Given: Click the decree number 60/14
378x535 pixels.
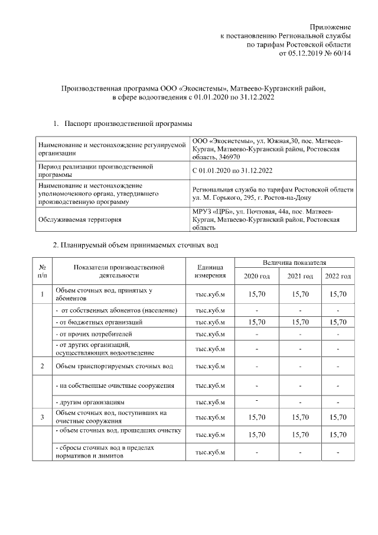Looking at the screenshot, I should point(342,53).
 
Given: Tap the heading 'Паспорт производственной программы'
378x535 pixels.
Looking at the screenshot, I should point(128,124).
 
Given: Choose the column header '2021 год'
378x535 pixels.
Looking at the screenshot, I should point(300,276).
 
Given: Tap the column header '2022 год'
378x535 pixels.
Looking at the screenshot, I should point(338,276).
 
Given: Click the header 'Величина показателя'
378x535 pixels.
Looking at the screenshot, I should point(295,261).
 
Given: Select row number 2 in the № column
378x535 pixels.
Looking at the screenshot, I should point(43,367).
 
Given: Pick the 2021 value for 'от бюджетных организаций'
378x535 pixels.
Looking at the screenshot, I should point(300,322).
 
